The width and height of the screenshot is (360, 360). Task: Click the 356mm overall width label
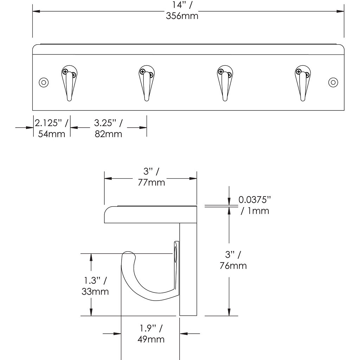tap(182, 16)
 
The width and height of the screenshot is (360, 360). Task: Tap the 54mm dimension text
tap(51, 134)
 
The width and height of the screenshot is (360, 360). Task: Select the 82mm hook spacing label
tap(108, 134)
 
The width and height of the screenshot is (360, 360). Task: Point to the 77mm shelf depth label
tap(151, 182)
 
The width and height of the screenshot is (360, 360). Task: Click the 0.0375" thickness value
tap(255, 200)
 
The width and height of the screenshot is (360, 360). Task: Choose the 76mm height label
tap(233, 266)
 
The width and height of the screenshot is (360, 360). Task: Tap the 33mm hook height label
tap(95, 291)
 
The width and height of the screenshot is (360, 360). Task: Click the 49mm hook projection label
tap(151, 339)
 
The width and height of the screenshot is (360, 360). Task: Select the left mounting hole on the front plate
tap(44, 82)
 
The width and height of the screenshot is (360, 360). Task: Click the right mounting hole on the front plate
tap(333, 82)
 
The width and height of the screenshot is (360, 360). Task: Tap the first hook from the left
tap(69, 83)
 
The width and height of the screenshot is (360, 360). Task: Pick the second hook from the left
tap(147, 83)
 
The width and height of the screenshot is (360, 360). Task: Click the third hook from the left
tap(225, 83)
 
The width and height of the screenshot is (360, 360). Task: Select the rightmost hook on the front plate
tap(303, 83)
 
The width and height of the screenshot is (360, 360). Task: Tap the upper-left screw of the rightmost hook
tap(298, 71)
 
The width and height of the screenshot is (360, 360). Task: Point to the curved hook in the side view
tap(138, 285)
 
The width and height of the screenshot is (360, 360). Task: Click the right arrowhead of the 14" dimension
tap(340, 11)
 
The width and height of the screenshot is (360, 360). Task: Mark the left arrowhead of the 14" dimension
tap(36, 11)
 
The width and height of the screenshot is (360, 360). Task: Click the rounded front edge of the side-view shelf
tap(107, 211)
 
